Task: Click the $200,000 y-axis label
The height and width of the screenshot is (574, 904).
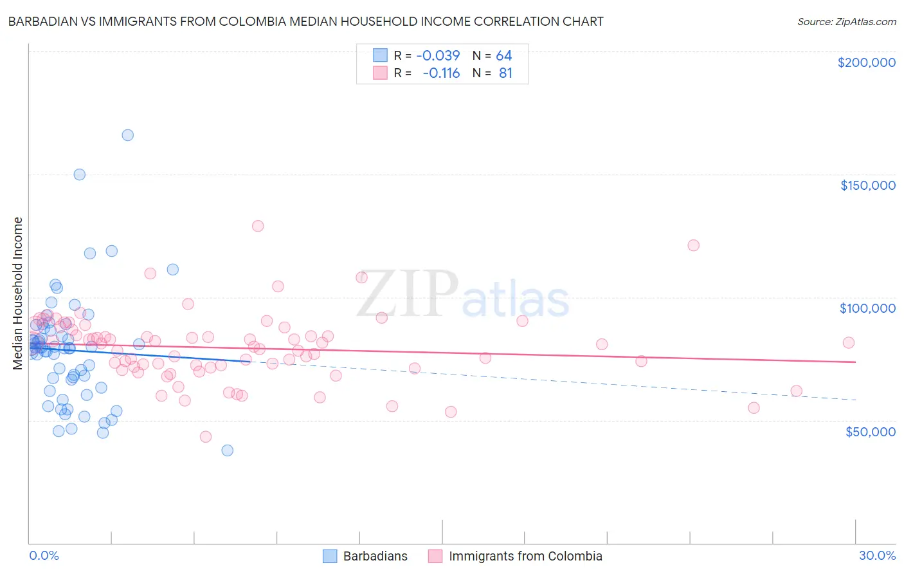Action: pyautogui.click(x=866, y=62)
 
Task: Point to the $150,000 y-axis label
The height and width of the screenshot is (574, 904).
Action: pyautogui.click(x=867, y=185)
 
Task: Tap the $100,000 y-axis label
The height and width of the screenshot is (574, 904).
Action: pyautogui.click(x=867, y=308)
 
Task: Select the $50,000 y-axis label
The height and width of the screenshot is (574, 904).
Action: pyautogui.click(x=870, y=431)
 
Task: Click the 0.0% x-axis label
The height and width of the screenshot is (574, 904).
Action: pyautogui.click(x=44, y=555)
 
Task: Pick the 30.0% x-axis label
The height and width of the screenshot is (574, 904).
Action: pyautogui.click(x=877, y=555)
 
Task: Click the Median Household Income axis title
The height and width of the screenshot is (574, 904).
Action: pyautogui.click(x=17, y=293)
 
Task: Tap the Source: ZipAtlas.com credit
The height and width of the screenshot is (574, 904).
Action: pyautogui.click(x=846, y=22)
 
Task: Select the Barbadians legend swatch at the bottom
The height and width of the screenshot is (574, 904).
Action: pyautogui.click(x=330, y=556)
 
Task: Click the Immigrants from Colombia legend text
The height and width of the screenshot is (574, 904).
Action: pyautogui.click(x=525, y=556)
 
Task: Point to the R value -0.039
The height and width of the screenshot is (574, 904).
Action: pyautogui.click(x=438, y=55)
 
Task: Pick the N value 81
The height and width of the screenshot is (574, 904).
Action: pyautogui.click(x=505, y=73)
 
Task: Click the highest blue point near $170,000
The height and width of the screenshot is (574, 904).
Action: pyautogui.click(x=128, y=135)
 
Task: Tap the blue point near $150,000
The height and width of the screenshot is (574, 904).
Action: pyautogui.click(x=80, y=174)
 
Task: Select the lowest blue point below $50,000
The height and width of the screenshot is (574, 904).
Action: pyautogui.click(x=228, y=450)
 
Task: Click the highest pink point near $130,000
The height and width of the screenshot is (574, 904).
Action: pyautogui.click(x=258, y=226)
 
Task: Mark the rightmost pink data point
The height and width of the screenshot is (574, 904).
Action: pyautogui.click(x=849, y=343)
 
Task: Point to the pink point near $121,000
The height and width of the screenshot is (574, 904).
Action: pyautogui.click(x=693, y=245)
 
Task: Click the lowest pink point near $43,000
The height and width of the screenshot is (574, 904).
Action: pyautogui.click(x=206, y=437)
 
